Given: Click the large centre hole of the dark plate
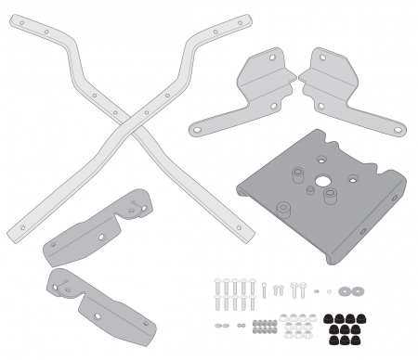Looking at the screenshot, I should click(x=322, y=181).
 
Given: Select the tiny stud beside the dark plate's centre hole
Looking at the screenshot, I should click(x=309, y=189).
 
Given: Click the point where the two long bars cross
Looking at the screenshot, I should click(x=133, y=123).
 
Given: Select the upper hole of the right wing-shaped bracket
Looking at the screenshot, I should click(x=313, y=59).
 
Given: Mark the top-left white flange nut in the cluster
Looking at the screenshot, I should click(x=283, y=317).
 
